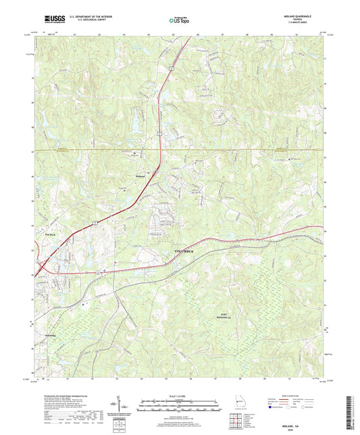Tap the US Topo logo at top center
179,22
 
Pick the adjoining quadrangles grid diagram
236,422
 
